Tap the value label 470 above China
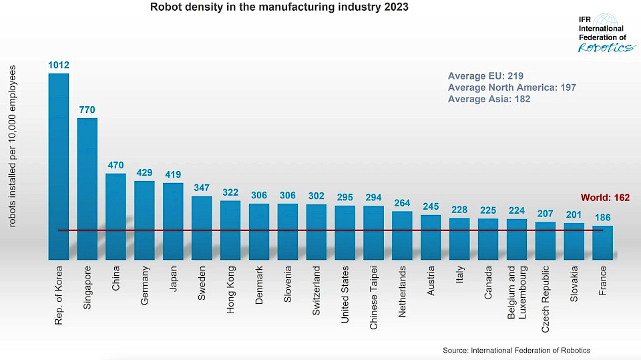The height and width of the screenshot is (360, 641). [x=116, y=164]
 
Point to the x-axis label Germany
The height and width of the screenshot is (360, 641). [x=145, y=286]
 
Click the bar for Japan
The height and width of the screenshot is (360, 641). [x=173, y=220]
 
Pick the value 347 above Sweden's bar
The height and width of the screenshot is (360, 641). [x=202, y=187]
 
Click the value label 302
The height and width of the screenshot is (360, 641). [x=316, y=196]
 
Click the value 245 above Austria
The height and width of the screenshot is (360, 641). [x=431, y=206]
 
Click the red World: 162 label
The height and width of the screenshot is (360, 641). [x=605, y=198]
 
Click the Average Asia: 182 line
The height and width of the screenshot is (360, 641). [x=489, y=100]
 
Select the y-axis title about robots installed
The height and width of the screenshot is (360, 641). [x=12, y=146]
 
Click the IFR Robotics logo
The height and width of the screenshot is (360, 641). [x=604, y=33]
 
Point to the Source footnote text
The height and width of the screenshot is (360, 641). [x=516, y=351]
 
